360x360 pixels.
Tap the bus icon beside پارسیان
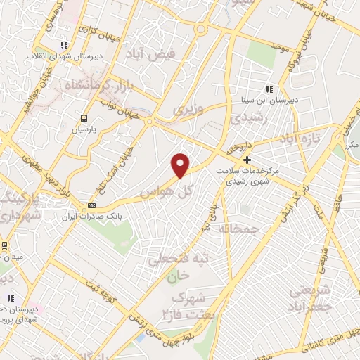coord(84,118)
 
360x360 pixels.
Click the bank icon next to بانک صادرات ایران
coord(91,206)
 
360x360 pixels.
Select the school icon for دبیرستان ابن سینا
coord(268,89)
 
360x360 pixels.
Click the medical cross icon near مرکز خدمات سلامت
coord(246,160)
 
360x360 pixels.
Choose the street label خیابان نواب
coord(118,107)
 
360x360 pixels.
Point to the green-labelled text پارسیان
coord(84,131)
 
